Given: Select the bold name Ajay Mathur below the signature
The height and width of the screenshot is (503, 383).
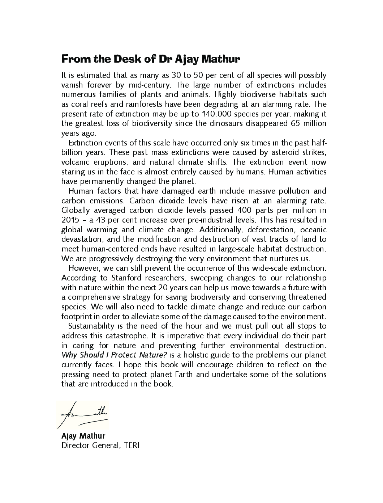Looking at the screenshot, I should (x=83, y=436).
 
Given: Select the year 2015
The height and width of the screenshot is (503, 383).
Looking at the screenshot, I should (x=70, y=220).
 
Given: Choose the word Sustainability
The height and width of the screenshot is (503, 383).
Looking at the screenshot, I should (x=91, y=326).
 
